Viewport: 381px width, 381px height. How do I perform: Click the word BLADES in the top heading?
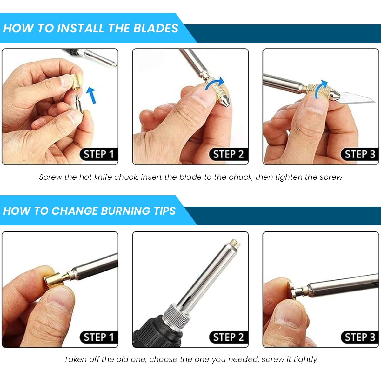pos(156,28)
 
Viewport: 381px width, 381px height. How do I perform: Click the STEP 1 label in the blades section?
pos(99,154)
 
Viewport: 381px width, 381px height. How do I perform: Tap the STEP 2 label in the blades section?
pos(229,154)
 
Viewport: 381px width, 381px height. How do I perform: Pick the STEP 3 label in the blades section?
pos(360,154)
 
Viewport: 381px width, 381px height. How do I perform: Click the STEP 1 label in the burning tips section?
pos(99,337)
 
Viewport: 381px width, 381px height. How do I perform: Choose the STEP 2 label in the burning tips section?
pos(229,337)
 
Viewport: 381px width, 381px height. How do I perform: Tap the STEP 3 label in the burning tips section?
pos(360,337)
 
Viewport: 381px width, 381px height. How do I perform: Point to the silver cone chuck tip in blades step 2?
pos(224,101)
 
